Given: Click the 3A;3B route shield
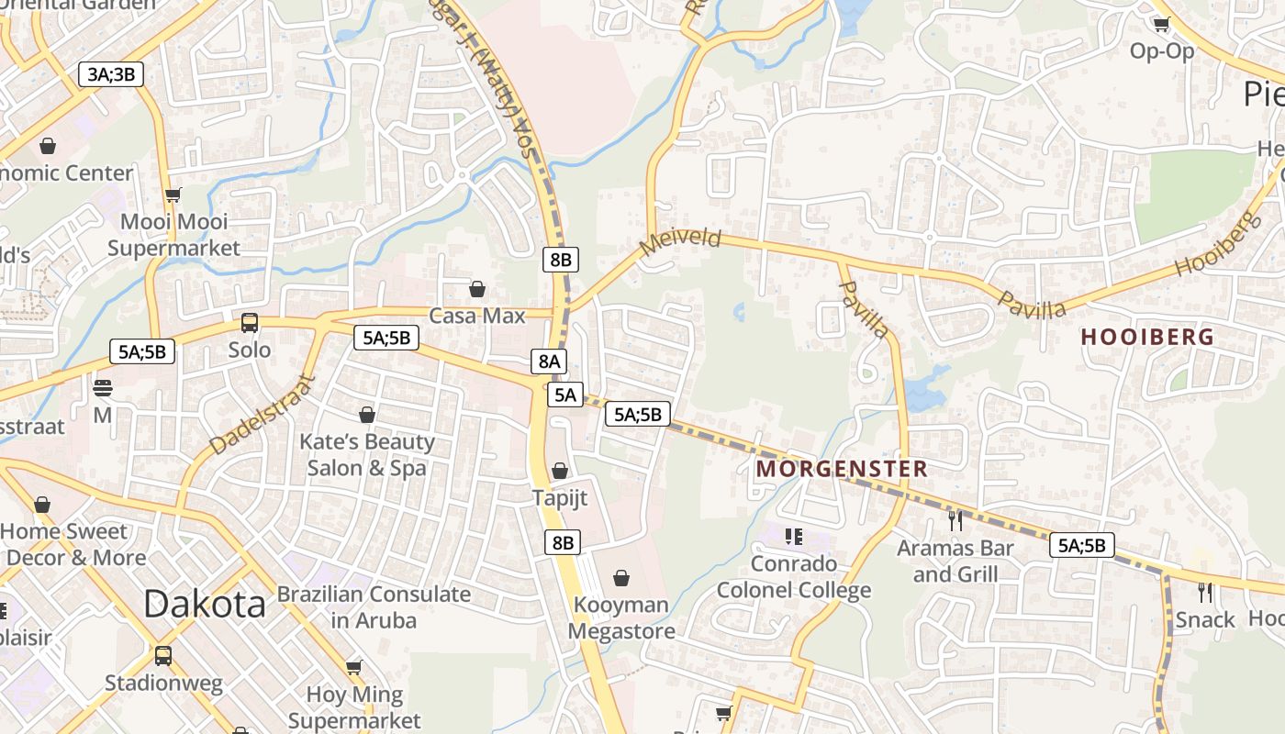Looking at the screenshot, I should pyautogui.click(x=111, y=74).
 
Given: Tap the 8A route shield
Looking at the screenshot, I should pyautogui.click(x=548, y=361).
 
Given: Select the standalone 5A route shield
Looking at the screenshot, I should pyautogui.click(x=565, y=395).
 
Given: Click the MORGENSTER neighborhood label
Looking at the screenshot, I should pyautogui.click(x=842, y=469).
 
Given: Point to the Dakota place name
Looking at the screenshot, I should pyautogui.click(x=205, y=604).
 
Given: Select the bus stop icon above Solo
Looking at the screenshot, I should pyautogui.click(x=249, y=323).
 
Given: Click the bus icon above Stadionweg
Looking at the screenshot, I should pyautogui.click(x=162, y=656).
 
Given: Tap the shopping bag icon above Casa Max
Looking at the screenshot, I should pyautogui.click(x=477, y=290).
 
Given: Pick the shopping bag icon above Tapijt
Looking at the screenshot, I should pyautogui.click(x=560, y=472).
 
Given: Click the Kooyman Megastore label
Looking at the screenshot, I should pyautogui.click(x=621, y=617).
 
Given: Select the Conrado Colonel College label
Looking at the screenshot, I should pyautogui.click(x=794, y=576).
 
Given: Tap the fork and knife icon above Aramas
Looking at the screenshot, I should pyautogui.click(x=955, y=520).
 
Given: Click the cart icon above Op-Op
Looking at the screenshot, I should pyautogui.click(x=1161, y=25).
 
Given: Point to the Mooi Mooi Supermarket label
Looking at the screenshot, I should pyautogui.click(x=174, y=234).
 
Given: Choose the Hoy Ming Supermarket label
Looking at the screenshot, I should pyautogui.click(x=353, y=707).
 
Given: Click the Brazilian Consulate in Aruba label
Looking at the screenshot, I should pyautogui.click(x=374, y=606).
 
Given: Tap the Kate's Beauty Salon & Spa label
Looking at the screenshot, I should pyautogui.click(x=367, y=454).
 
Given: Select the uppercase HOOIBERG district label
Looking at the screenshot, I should pyautogui.click(x=1147, y=337).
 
